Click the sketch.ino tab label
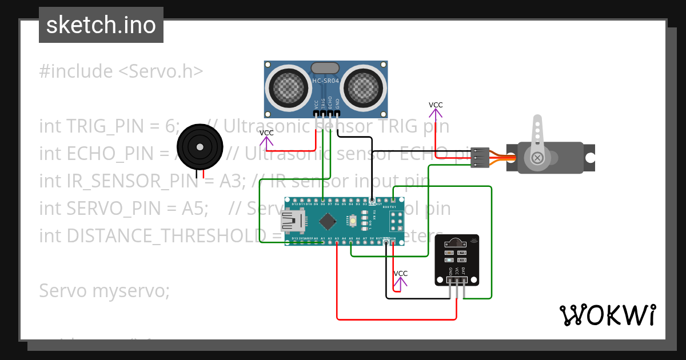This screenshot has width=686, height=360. [x=101, y=25]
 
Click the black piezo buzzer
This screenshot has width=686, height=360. [x=200, y=147]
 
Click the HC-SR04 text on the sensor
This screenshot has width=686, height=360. [x=325, y=81]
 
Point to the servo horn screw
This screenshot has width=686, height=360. [x=537, y=157]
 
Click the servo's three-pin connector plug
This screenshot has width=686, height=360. [x=480, y=157]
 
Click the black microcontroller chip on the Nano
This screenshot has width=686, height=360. [x=328, y=221]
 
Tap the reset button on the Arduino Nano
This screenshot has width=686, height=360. [x=354, y=221]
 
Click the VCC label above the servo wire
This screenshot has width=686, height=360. [x=436, y=105]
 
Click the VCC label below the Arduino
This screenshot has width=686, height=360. [x=401, y=274]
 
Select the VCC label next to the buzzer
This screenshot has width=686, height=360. [x=266, y=133]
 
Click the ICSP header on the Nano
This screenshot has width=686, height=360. [x=396, y=220]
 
